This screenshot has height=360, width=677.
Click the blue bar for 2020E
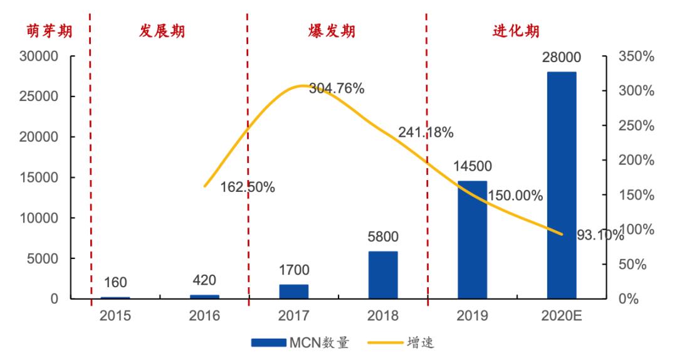[562, 185]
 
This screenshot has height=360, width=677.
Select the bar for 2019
[472, 240]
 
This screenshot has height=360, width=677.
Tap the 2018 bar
[383, 275]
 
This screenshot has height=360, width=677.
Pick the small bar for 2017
[293, 292]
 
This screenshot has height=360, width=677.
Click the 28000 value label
[562, 58]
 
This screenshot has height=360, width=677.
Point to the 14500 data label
[472, 167]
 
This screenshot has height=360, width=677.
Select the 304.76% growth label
[337, 88]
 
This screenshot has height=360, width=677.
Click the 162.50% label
[248, 187]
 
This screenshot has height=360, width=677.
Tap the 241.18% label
[426, 133]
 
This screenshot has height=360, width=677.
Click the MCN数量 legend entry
[301, 342]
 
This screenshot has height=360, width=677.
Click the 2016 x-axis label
[204, 315]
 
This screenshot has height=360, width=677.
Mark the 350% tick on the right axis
[636, 56]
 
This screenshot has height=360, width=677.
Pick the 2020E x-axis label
[562, 315]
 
